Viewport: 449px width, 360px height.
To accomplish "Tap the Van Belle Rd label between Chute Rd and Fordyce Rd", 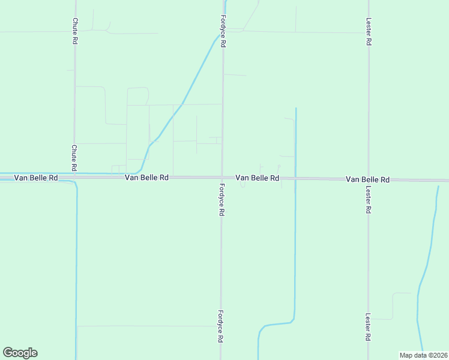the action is click(x=146, y=178).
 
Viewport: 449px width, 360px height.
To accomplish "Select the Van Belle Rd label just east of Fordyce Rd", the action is click(x=257, y=178).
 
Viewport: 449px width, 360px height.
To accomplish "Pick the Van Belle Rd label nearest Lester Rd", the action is click(x=367, y=179).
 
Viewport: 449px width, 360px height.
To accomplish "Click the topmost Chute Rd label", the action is click(x=75, y=32).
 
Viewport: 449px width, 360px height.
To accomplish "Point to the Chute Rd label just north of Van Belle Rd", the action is click(x=74, y=157).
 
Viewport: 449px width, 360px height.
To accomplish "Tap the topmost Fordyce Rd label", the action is click(x=223, y=31).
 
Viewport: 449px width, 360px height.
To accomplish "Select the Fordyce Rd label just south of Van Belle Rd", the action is click(x=221, y=200).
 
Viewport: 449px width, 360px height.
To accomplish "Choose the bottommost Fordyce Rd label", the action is click(x=221, y=326).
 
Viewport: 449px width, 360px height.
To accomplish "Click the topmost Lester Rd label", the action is click(x=369, y=32).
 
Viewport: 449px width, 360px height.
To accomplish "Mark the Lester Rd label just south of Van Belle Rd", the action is click(x=368, y=200).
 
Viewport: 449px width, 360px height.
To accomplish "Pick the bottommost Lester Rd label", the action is click(x=368, y=327).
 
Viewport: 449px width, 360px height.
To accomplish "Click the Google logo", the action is click(x=20, y=353).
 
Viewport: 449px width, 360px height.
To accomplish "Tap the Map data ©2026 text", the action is click(x=424, y=355).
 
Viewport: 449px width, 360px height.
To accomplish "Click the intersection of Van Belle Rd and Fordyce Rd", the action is click(x=222, y=178).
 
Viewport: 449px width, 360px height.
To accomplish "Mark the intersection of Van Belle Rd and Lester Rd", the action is click(x=368, y=179).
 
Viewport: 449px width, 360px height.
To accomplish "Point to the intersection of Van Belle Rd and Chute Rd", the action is click(x=75, y=177).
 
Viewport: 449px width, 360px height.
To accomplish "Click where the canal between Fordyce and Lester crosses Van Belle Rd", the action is click(x=295, y=178).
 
